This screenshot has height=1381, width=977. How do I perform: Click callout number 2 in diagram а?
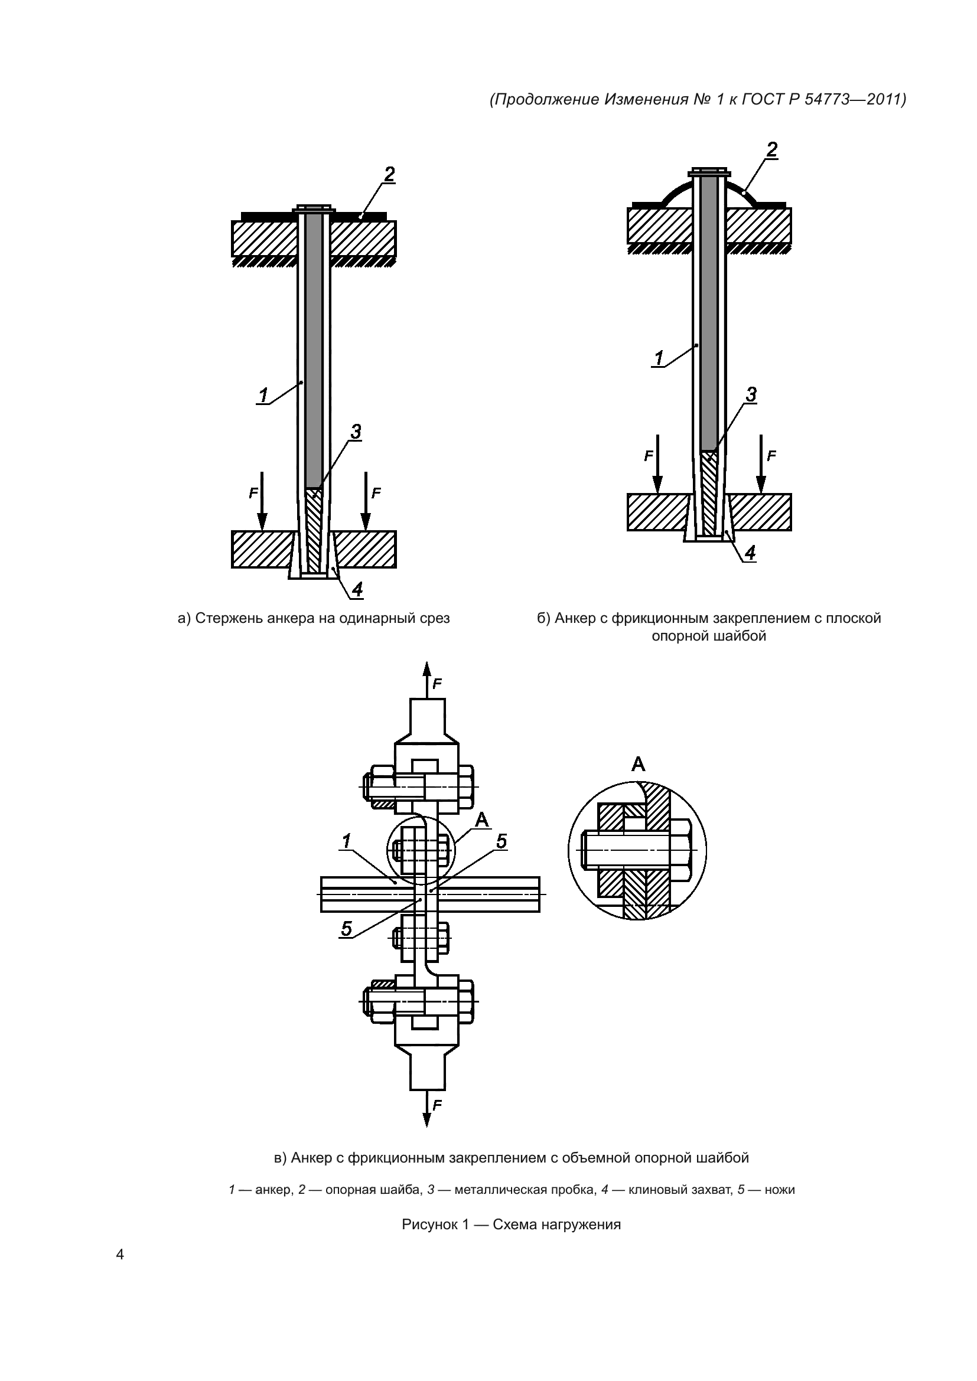(389, 174)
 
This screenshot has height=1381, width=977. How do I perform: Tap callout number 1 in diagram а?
(263, 396)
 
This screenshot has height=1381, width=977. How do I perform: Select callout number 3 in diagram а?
(356, 432)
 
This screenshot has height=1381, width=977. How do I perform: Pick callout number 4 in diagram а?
(357, 589)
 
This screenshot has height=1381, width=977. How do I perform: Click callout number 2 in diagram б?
(772, 149)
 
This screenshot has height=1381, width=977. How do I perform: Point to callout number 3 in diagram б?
(751, 395)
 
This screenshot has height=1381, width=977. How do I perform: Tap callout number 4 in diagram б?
(750, 553)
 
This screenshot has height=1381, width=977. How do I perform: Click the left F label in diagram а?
(253, 493)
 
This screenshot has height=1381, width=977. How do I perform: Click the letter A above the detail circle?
(639, 765)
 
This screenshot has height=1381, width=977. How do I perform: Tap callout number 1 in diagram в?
(346, 841)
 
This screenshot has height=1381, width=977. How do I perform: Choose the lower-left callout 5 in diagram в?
(347, 929)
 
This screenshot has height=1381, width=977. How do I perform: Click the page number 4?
(120, 1255)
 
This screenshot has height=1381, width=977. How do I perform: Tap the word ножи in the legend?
(780, 1190)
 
